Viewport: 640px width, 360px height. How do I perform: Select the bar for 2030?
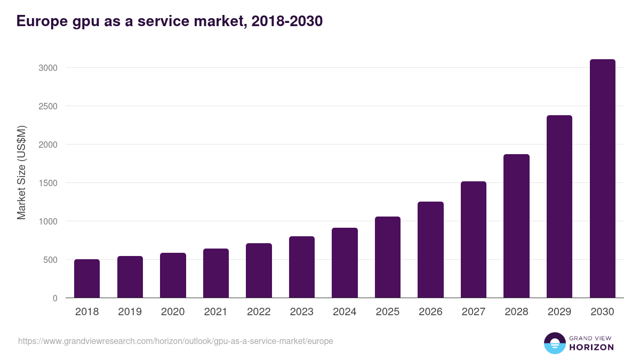(x=602, y=179)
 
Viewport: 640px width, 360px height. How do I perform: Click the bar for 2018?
(x=87, y=278)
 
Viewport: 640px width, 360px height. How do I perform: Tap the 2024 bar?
(x=345, y=263)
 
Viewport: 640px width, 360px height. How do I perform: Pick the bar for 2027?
(x=474, y=239)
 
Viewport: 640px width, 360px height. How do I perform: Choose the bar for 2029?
(x=559, y=206)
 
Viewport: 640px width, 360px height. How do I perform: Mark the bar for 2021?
(x=216, y=273)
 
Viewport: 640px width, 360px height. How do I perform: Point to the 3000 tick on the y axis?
(x=48, y=68)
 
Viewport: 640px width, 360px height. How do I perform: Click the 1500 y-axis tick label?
(x=48, y=183)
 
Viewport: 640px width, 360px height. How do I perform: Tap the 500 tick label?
(x=50, y=260)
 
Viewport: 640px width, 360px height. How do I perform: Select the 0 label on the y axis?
(x=55, y=298)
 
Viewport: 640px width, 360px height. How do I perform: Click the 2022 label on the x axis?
(x=259, y=312)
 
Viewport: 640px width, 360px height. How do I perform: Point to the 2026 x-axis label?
(x=430, y=312)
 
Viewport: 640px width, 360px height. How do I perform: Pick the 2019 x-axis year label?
(x=130, y=312)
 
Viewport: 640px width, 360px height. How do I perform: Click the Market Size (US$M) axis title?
(x=21, y=172)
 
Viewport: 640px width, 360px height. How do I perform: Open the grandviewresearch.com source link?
(x=175, y=341)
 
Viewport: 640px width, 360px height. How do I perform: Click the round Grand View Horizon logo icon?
(x=554, y=343)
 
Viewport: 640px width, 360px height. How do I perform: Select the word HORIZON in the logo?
(x=591, y=347)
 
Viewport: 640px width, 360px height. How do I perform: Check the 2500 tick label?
(x=48, y=106)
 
